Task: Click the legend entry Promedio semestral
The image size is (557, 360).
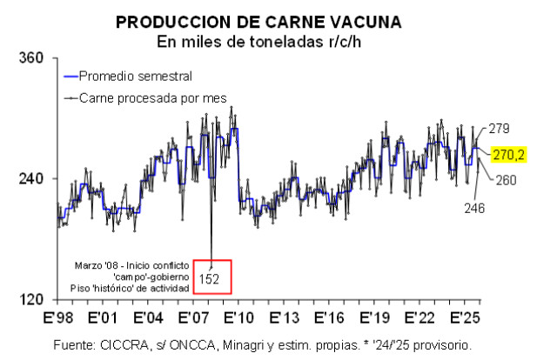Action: click(135, 76)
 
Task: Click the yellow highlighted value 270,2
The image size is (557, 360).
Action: click(508, 155)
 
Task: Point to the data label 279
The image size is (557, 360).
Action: click(499, 129)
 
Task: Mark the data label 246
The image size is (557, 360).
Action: click(474, 208)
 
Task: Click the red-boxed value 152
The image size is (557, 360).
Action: click(209, 279)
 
